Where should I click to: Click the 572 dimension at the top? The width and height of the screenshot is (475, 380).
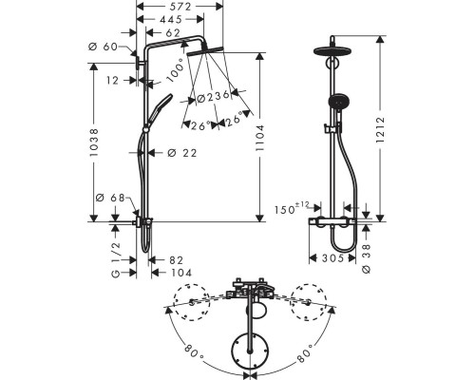(x=180, y=7)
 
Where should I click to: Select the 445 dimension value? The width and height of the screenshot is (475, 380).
(x=171, y=19)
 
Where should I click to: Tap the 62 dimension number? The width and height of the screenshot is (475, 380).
(x=173, y=32)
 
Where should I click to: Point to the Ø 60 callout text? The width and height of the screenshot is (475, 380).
(x=103, y=47)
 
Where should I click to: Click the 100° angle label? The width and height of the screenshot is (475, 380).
(x=176, y=70)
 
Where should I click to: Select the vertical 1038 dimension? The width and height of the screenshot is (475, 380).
(x=94, y=142)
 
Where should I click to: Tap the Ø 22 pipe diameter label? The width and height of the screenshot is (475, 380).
(x=182, y=153)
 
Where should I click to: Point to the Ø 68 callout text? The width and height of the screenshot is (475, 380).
(x=110, y=198)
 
